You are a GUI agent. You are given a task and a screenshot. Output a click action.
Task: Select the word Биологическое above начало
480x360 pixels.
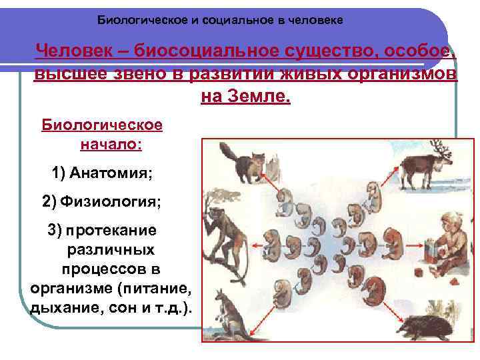(102, 125)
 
